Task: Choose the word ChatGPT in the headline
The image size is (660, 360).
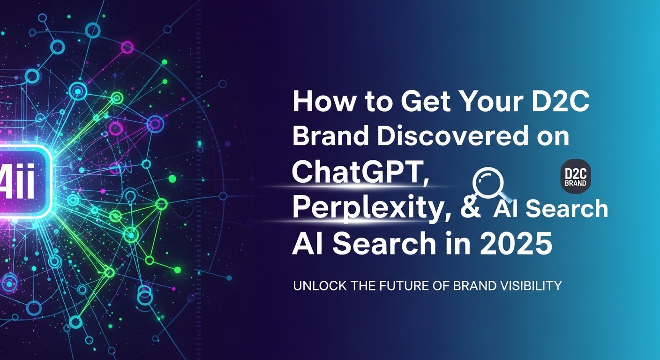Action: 361,172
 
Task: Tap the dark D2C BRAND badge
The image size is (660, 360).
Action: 576,178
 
